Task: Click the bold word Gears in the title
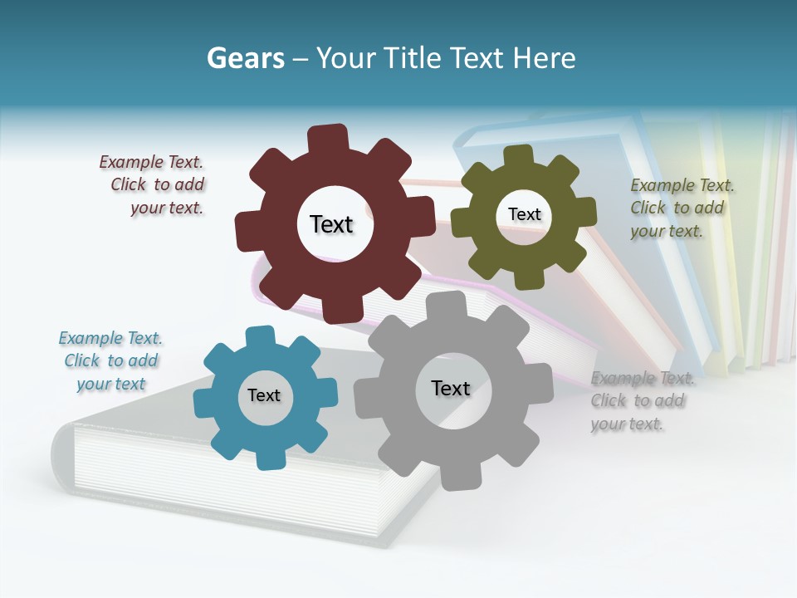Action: coord(245,58)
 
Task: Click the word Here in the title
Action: coord(544,58)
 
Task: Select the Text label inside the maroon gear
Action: coord(331,224)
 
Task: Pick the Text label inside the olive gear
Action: coord(524,214)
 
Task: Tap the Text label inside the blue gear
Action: coord(264,395)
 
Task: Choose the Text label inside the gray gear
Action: coord(451,388)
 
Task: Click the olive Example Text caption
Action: coord(681,208)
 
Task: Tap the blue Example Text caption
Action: coord(110,361)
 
